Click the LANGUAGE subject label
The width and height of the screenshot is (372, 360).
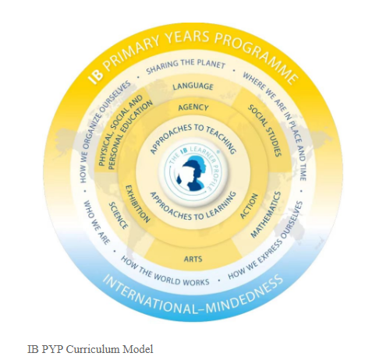[x=193, y=86]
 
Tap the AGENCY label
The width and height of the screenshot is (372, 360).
[x=193, y=107]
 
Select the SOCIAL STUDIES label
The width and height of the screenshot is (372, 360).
[x=265, y=130]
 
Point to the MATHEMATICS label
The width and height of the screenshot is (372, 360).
[x=266, y=214]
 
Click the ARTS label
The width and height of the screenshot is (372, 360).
[x=193, y=259]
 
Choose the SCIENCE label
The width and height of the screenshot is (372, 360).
[x=119, y=215]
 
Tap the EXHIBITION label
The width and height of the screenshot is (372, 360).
[x=137, y=203]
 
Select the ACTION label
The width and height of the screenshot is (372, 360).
[x=249, y=206]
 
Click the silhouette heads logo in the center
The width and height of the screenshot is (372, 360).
[x=192, y=174]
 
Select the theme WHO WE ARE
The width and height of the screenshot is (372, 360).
[x=96, y=222]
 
